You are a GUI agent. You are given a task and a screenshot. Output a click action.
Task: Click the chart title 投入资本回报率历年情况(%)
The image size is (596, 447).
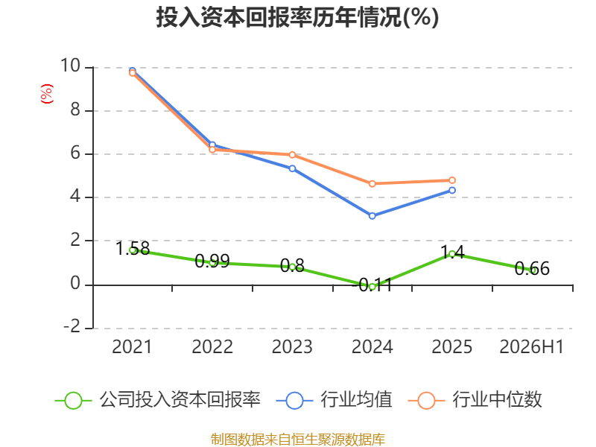tap(297, 17)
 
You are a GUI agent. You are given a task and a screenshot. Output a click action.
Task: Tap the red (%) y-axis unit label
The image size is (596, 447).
tap(47, 94)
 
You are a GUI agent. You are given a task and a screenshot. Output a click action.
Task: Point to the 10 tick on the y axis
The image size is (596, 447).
tap(70, 66)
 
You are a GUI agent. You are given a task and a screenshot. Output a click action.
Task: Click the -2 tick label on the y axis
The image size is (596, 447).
tap(72, 326)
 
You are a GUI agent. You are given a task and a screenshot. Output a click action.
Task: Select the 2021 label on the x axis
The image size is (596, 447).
tap(132, 346)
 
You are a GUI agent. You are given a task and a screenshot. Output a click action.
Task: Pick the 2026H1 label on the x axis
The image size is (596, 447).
tap(531, 346)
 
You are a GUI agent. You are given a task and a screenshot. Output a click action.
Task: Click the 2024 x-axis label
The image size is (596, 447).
tap(372, 346)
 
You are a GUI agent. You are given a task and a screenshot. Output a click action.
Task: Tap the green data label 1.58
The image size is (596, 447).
tap(133, 249)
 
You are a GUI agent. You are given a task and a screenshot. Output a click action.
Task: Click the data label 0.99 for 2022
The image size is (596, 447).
tap(212, 261)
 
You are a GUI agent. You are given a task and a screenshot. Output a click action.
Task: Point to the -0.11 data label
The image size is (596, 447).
tap(372, 285)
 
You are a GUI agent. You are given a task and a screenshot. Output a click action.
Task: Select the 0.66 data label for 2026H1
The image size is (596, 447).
tap(532, 269)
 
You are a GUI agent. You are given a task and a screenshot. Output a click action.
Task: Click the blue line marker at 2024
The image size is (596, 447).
tap(372, 216)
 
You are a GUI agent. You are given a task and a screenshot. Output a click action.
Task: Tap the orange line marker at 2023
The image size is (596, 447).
tap(292, 155)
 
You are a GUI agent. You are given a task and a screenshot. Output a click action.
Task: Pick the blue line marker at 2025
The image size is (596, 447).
tap(452, 190)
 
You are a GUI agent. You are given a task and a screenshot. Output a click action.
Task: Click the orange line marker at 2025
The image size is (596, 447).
tap(452, 180)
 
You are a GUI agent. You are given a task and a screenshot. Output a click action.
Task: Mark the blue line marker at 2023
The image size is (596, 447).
tap(292, 168)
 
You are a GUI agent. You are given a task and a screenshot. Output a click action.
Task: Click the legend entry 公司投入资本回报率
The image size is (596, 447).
tap(158, 400)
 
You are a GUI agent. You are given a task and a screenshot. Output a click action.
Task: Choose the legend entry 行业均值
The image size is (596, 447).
tap(334, 400)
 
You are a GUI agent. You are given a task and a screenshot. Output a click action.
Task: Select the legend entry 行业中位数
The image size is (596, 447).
tap(475, 400)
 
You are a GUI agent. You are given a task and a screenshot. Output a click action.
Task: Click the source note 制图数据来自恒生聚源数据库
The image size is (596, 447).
tap(298, 440)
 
